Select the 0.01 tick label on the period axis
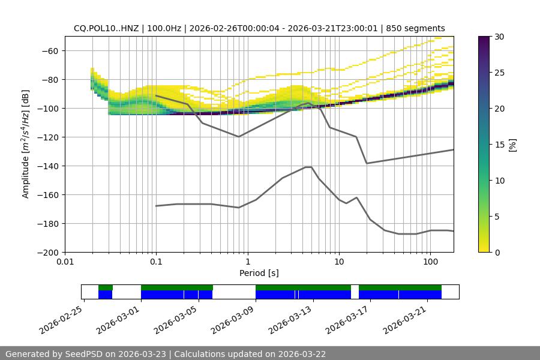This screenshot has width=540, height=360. click(65, 262)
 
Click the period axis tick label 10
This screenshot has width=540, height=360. click(339, 262)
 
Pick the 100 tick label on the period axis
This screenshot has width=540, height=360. click(430, 262)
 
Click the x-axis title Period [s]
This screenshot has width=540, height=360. click(259, 273)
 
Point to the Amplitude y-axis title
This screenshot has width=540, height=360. click(26, 144)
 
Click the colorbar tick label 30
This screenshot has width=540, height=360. click(499, 37)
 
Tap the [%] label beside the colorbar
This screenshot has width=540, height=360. click(512, 145)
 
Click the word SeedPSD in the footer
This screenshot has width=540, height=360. click(85, 354)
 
